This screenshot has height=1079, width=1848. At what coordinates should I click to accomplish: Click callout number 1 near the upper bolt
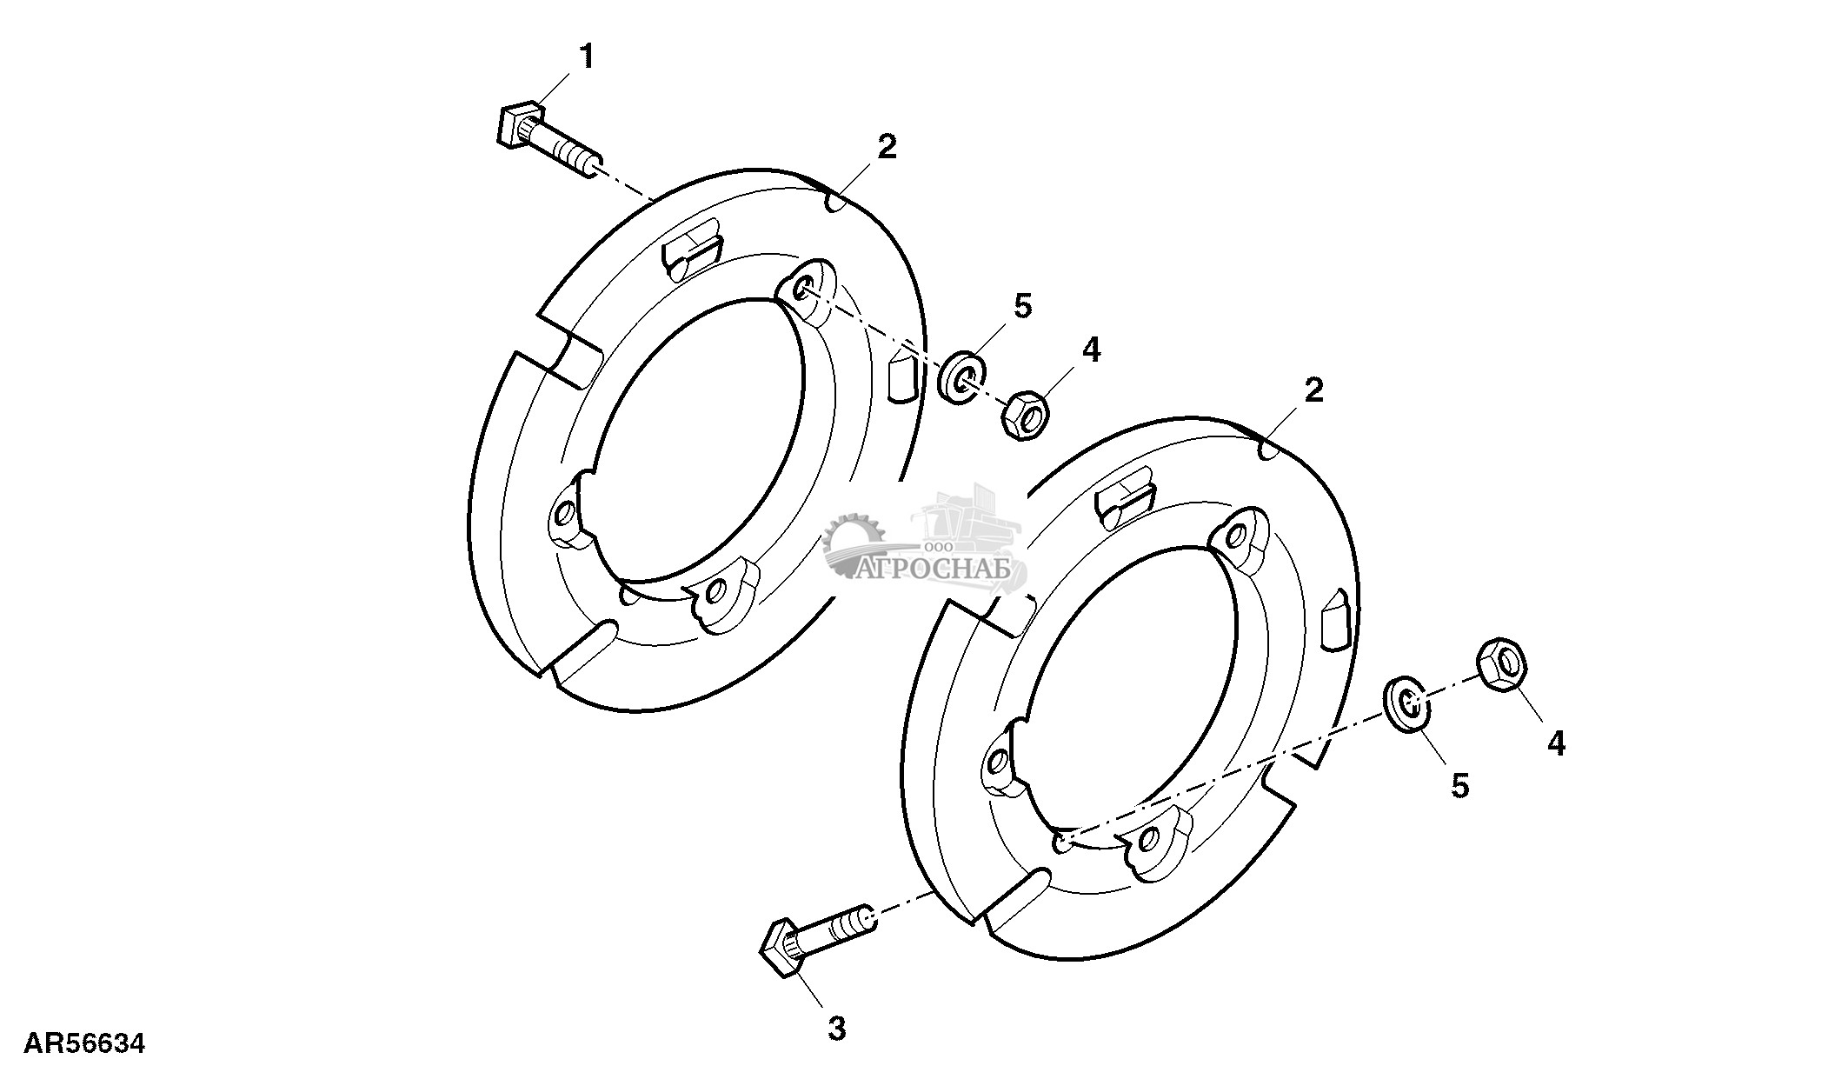click(588, 57)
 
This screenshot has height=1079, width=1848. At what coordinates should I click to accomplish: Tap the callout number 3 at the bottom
click(836, 1029)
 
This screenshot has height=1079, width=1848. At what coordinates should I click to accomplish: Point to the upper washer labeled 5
click(964, 376)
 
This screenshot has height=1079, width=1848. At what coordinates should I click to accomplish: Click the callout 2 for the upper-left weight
click(887, 147)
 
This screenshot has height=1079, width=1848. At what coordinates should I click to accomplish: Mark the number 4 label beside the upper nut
click(1091, 350)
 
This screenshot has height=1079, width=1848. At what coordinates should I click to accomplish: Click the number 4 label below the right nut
click(1556, 743)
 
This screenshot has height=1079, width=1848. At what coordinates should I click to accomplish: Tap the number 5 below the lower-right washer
click(1459, 786)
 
